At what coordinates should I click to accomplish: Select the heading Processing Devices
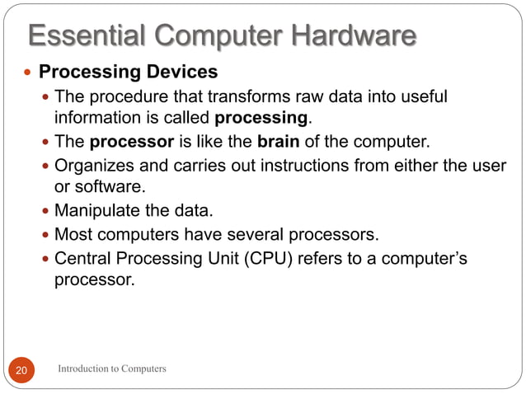(129, 73)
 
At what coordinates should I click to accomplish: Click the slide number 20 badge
(21, 369)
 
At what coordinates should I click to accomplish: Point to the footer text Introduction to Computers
(112, 368)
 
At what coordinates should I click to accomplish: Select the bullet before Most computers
(45, 236)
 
